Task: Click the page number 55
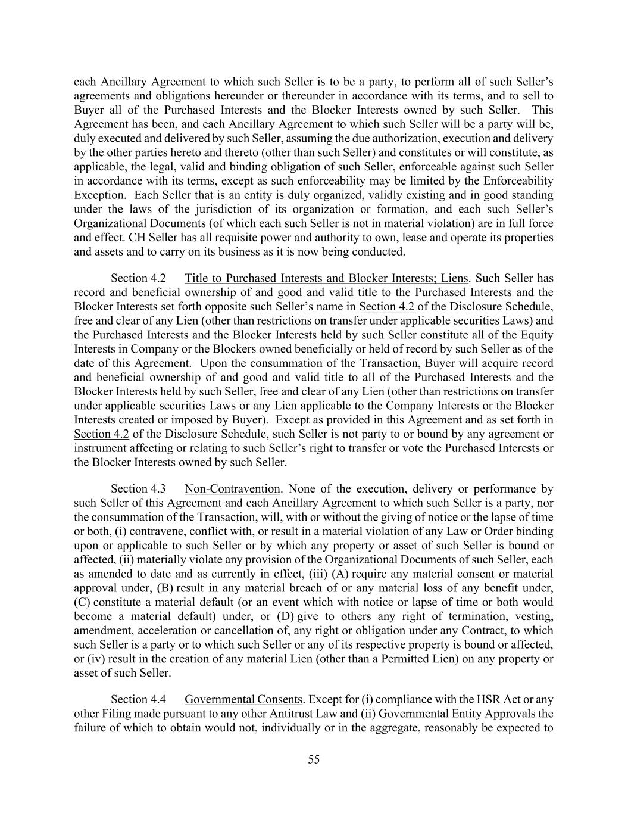pyautogui.click(x=314, y=759)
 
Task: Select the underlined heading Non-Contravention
pyautogui.click(x=232, y=489)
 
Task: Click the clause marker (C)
pyautogui.click(x=82, y=602)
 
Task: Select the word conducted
pyautogui.click(x=382, y=251)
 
